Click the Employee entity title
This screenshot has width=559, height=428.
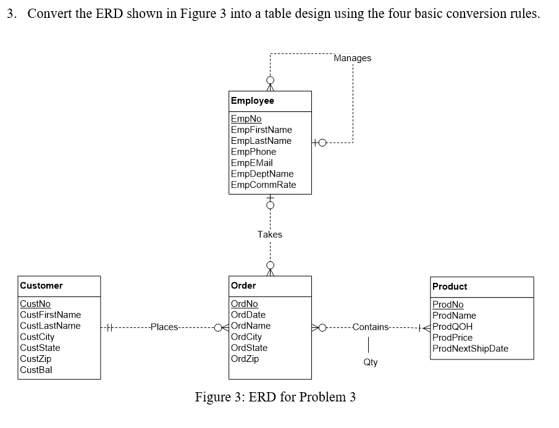tap(252, 101)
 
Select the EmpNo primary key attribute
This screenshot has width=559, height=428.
tap(245, 119)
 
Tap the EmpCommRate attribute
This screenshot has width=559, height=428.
tap(263, 185)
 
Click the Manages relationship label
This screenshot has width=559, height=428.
tap(353, 58)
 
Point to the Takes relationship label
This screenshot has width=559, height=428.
tap(270, 235)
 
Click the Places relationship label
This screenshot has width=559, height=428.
tap(164, 327)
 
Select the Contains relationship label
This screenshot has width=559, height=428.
tap(371, 327)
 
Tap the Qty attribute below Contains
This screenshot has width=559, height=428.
tap(370, 363)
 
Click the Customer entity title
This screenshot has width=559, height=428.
tap(41, 286)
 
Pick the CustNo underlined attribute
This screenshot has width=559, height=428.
tap(35, 304)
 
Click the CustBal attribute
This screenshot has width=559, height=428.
tap(36, 370)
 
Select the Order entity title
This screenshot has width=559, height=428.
tap(243, 286)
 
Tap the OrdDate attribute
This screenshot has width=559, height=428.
tap(248, 315)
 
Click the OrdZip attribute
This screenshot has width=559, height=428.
tap(245, 359)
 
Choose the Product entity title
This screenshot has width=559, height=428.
tap(450, 287)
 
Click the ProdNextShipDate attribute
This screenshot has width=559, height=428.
tap(470, 349)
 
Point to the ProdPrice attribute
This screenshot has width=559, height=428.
tap(452, 338)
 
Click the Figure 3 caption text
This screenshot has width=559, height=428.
tap(275, 397)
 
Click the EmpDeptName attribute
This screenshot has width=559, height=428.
tap(262, 174)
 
